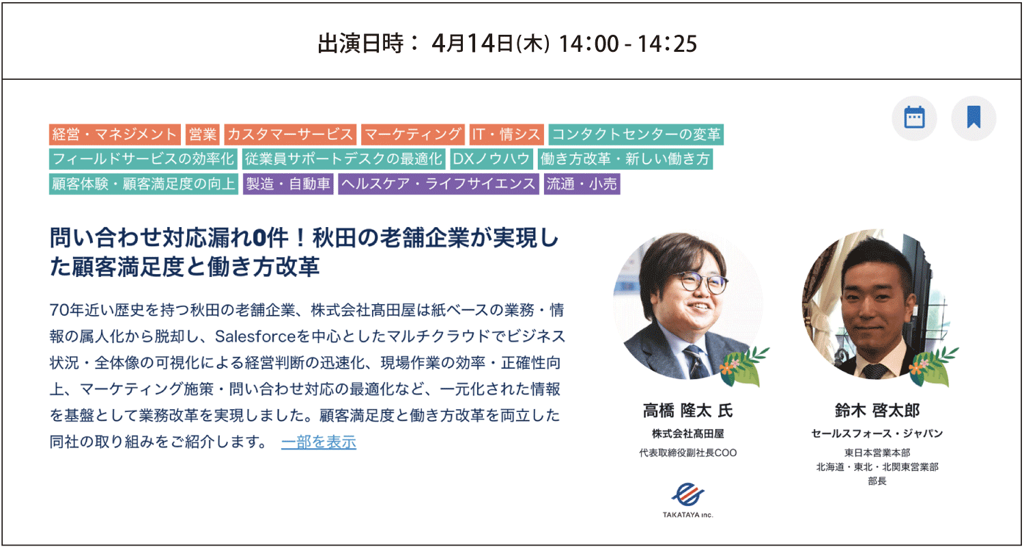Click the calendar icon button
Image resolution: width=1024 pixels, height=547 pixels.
coord(914,118)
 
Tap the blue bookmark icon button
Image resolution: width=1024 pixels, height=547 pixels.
coord(973,118)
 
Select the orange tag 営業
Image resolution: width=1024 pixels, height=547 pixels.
coord(203,134)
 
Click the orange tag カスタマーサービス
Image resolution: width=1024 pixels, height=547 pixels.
coord(290,134)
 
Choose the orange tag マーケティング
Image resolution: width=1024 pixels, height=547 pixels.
coord(413,134)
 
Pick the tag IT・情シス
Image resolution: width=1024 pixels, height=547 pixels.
coord(507,134)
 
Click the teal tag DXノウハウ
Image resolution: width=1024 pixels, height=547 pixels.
coord(492,159)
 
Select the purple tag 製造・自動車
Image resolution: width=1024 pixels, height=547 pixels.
coord(288,184)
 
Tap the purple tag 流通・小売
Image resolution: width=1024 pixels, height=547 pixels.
coord(582,184)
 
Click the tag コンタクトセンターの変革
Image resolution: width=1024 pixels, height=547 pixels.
coord(636,134)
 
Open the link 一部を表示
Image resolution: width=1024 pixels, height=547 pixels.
coord(319,442)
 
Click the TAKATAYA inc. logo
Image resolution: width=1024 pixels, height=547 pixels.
coord(688,500)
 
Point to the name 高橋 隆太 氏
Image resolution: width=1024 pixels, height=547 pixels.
coord(688,411)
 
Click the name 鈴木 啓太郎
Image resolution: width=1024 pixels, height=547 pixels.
coord(877,411)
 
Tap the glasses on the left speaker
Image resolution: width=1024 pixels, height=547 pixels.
coord(703,282)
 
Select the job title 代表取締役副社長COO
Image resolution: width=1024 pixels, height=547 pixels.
coord(688,452)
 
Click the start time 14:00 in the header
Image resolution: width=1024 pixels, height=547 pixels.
coord(588,44)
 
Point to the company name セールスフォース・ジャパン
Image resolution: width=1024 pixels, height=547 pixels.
coord(877,433)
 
